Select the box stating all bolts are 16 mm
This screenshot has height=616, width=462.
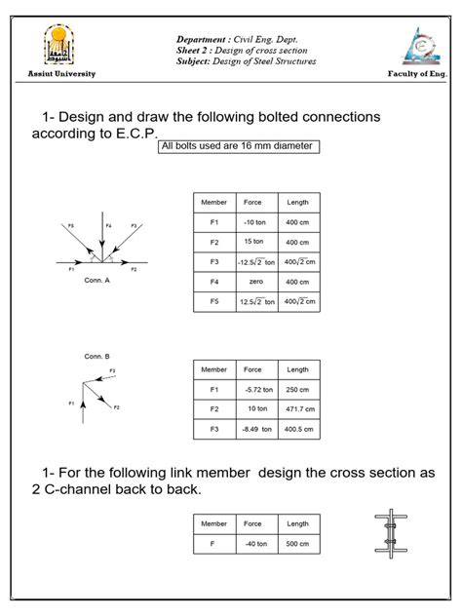pos(238,147)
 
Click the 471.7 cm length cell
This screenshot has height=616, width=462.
pos(297,409)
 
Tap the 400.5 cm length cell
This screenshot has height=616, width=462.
pos(297,429)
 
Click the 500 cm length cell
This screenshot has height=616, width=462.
pos(297,543)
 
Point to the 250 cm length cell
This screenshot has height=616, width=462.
pos(297,390)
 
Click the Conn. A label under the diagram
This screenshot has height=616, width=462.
pos(97,280)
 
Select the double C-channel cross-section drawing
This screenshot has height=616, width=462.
pos(390,535)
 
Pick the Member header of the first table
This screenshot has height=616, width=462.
pos(213,202)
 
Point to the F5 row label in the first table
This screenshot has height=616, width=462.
pos(213,301)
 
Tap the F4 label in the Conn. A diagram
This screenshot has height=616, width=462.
pos(95,226)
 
